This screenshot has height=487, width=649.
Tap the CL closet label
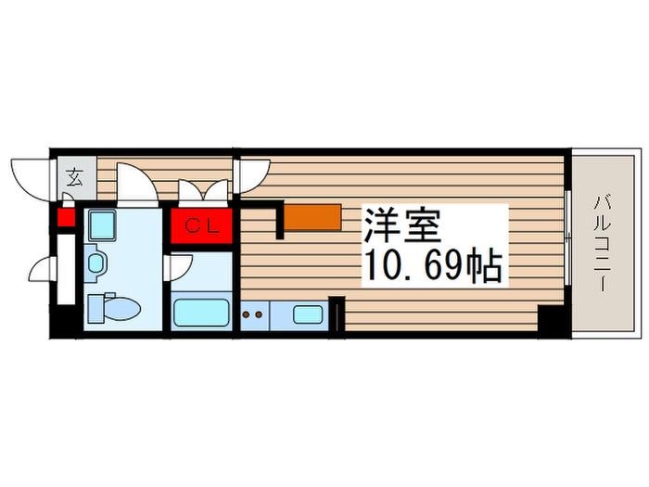click(x=201, y=226)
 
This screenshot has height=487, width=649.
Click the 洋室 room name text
click(x=401, y=225)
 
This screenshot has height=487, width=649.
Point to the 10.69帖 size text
click(x=433, y=266)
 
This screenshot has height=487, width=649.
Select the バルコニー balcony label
click(x=603, y=244)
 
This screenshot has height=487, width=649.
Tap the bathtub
click(x=201, y=313)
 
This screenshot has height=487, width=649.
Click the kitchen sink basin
click(x=308, y=315)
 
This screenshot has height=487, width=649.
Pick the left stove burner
click(x=246, y=315)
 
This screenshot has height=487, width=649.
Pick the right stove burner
click(x=259, y=315)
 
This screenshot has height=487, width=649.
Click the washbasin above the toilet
click(x=96, y=263)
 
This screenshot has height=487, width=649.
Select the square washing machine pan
click(x=102, y=224)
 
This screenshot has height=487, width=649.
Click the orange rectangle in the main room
click(x=313, y=217)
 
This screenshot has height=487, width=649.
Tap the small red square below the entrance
click(x=66, y=218)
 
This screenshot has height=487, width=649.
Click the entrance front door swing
click(x=30, y=179)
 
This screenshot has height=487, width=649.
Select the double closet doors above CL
click(x=203, y=193)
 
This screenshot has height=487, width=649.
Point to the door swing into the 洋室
click(x=252, y=176)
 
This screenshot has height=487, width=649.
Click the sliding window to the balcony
click(x=568, y=237)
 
